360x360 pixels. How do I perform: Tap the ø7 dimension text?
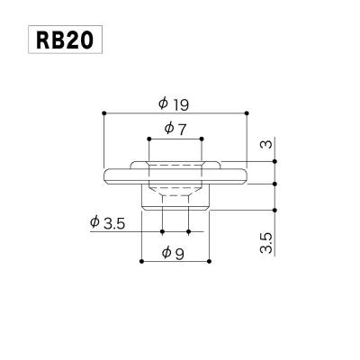[x=175, y=128]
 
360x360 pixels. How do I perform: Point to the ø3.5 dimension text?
[x=108, y=221]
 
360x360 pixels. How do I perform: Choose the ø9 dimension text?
[x=174, y=253]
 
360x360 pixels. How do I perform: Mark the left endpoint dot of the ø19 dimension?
[x=105, y=112]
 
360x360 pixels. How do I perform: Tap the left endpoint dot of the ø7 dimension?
[x=149, y=139]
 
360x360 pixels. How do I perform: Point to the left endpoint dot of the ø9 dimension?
[x=142, y=262]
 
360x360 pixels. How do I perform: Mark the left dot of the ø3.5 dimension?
[x=162, y=231]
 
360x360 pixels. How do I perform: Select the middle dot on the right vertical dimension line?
[x=275, y=184]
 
